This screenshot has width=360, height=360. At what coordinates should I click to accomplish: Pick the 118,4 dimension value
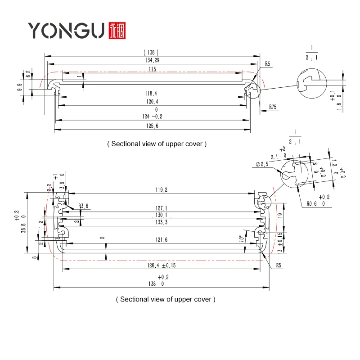click(152, 93)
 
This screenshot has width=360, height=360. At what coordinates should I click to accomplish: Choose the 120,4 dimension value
click(152, 102)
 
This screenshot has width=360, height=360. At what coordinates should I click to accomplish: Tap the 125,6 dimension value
click(152, 127)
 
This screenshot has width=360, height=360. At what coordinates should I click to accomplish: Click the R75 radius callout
click(273, 107)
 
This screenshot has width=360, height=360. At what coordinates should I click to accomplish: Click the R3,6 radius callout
click(84, 206)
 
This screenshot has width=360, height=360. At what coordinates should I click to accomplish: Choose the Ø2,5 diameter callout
click(262, 164)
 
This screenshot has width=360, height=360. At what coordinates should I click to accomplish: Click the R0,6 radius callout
click(312, 203)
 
